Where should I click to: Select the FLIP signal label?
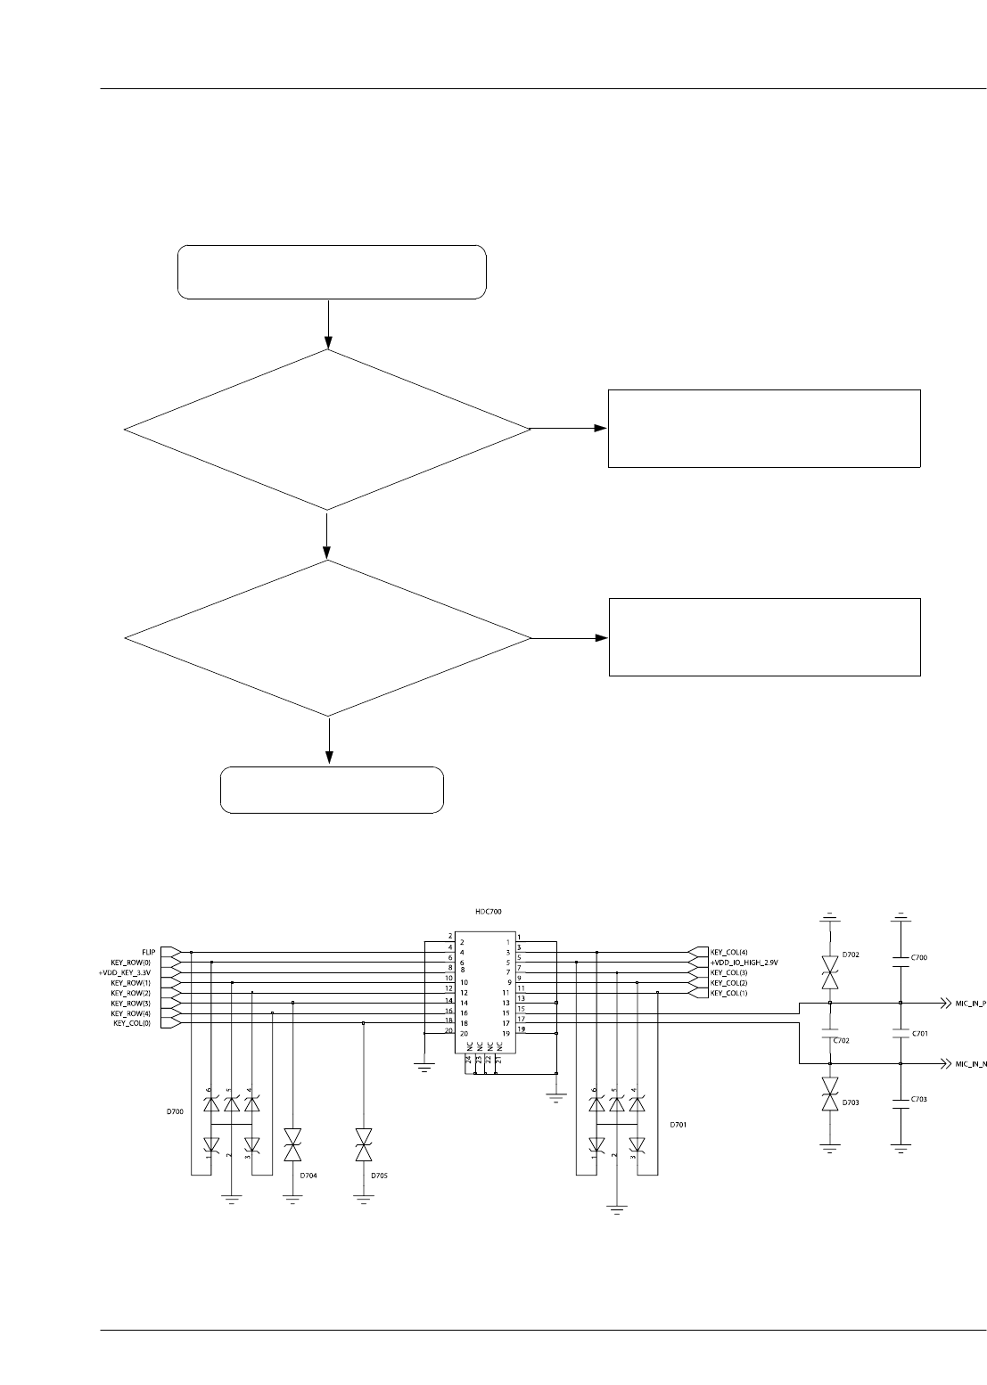149,952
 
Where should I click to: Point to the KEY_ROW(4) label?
130,1012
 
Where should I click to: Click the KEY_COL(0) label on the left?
133,1023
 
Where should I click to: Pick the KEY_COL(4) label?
728,952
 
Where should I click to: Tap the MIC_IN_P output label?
970,1003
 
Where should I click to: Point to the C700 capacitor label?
920,956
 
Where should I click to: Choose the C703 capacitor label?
920,1099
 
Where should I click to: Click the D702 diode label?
851,955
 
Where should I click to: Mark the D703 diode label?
851,1102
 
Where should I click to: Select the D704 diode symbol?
292,1143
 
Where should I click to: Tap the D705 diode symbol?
363,1143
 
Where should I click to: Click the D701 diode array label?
679,1125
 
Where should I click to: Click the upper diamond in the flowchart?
327,430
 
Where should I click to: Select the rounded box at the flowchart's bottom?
332,790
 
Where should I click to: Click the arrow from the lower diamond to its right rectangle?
569,638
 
